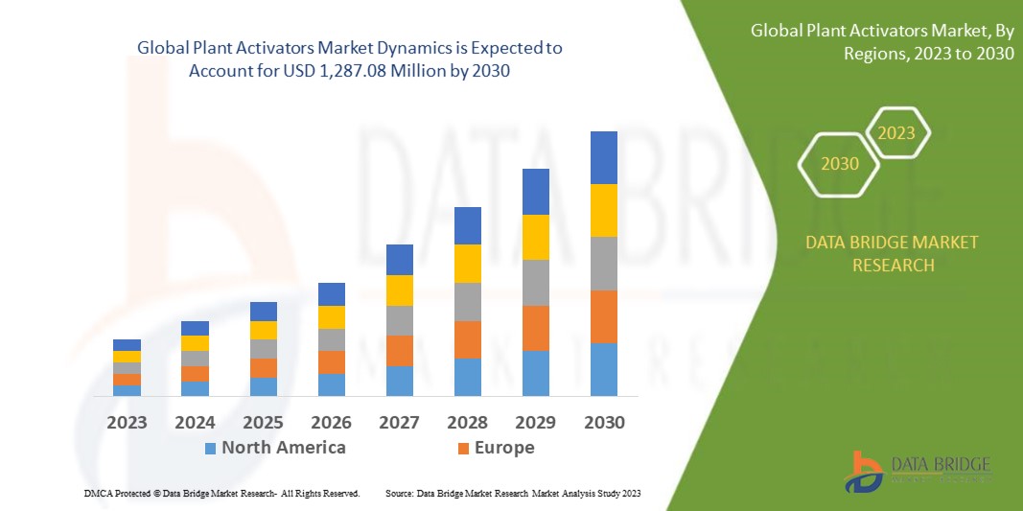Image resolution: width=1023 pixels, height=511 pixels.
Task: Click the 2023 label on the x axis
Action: click(127, 423)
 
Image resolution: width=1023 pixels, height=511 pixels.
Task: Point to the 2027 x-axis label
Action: click(400, 423)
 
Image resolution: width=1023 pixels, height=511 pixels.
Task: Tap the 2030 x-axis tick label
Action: click(604, 423)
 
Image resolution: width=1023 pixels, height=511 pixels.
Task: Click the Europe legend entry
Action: click(495, 448)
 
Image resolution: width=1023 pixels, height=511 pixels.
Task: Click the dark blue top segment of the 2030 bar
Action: click(604, 157)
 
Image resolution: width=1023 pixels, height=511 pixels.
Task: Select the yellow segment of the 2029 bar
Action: click(536, 237)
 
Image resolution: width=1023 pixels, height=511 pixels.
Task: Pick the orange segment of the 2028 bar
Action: click(468, 339)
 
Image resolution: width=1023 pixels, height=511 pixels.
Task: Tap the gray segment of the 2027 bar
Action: click(400, 320)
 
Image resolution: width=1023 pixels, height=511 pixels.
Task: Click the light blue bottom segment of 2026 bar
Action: click(332, 384)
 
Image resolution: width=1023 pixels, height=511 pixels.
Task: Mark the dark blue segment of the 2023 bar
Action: click(127, 345)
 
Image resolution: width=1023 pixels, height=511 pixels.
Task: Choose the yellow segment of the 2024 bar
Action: click(195, 343)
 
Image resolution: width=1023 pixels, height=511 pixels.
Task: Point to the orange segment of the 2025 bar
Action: click(264, 368)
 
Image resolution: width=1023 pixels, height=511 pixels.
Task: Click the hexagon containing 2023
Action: click(897, 133)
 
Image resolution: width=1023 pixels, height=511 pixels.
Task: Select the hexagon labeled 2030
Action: click(839, 164)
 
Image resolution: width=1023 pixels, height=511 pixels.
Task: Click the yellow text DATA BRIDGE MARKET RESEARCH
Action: click(893, 254)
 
